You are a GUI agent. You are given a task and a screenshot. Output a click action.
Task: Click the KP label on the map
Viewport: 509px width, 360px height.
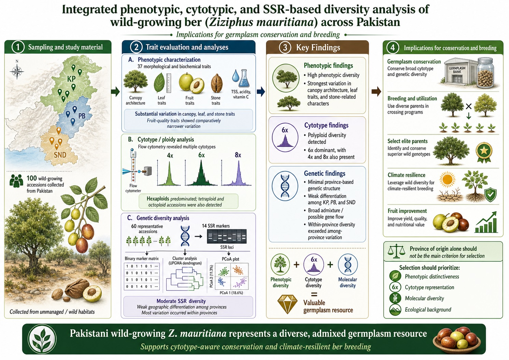[71, 79]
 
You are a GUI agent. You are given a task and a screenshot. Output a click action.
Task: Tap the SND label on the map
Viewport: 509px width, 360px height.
[60, 155]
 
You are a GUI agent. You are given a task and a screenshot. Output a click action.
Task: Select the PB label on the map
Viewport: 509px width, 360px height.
[82, 116]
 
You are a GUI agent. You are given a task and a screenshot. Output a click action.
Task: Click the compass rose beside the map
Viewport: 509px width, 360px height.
[17, 71]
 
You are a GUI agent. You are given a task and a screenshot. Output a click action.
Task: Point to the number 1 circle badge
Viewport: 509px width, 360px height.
[18, 47]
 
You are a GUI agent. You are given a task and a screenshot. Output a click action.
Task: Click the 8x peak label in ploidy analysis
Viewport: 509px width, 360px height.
[238, 155]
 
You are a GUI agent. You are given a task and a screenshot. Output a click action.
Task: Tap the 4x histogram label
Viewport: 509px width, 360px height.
[170, 155]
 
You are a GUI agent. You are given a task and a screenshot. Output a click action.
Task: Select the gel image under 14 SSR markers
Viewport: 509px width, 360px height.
[227, 236]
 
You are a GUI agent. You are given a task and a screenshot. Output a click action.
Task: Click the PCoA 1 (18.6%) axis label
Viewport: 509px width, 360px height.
[231, 293]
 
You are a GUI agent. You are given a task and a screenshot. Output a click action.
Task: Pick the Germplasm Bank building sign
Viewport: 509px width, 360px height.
[457, 70]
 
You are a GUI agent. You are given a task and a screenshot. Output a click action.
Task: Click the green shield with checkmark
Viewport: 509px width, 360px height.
[490, 195]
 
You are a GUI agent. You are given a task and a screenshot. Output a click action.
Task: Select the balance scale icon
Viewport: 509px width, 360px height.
[396, 251]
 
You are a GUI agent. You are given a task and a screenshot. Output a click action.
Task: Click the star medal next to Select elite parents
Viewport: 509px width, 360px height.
[484, 153]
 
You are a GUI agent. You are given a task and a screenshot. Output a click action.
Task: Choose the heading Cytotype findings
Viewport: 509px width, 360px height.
[326, 125]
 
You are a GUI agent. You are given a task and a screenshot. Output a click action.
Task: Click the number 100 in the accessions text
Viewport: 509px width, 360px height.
[32, 178]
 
